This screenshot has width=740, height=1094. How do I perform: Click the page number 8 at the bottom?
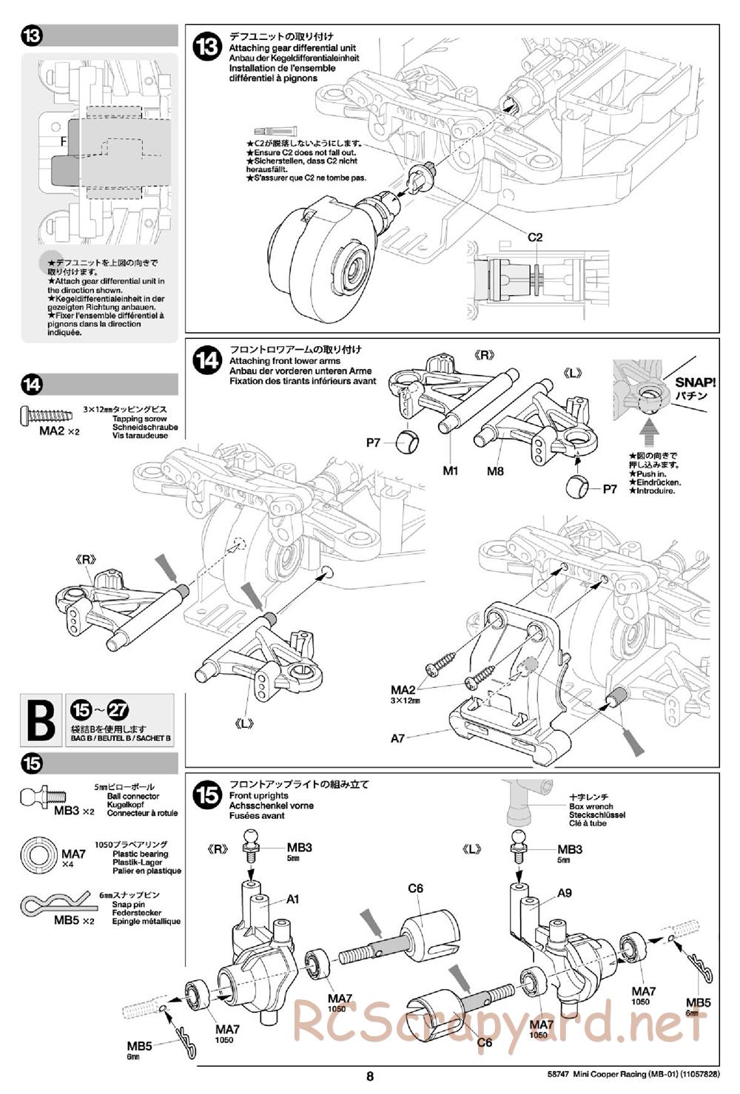(x=370, y=1077)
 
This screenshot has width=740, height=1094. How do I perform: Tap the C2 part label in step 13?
(x=535, y=237)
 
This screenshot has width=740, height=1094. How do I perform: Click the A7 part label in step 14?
(x=398, y=737)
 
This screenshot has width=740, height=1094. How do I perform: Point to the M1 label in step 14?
(x=451, y=470)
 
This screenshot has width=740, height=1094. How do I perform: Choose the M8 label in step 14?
(x=496, y=470)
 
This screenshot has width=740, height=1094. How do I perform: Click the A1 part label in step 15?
(x=293, y=899)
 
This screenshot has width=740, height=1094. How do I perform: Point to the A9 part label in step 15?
(x=565, y=893)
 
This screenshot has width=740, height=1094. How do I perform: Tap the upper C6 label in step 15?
(x=415, y=888)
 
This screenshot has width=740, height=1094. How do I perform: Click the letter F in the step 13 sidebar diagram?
(x=64, y=141)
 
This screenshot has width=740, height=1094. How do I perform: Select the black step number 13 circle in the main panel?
(x=206, y=47)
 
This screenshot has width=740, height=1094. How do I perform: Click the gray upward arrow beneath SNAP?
(x=648, y=428)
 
